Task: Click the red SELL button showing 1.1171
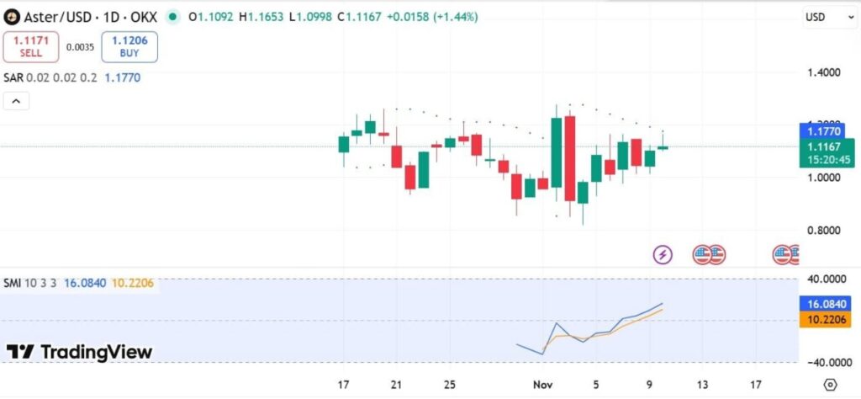point(30,47)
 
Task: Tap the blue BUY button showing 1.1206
point(129,47)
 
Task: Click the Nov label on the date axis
point(542,385)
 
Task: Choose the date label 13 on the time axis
point(702,385)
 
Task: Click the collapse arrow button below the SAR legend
point(16,101)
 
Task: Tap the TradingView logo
point(80,352)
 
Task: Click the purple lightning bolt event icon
point(663,254)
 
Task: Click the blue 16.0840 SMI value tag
point(821,303)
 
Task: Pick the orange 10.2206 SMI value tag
point(821,319)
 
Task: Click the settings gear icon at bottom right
point(830,385)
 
